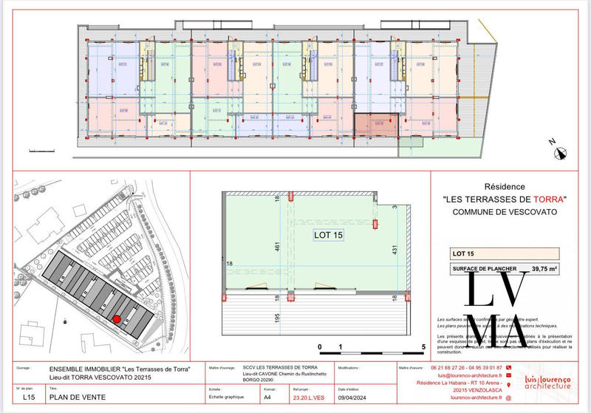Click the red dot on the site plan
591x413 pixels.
[116, 318]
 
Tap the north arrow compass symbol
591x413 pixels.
[561, 153]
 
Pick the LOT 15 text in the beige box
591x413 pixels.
[464, 253]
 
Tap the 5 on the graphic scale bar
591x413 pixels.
[424, 347]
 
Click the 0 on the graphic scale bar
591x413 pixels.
[319, 347]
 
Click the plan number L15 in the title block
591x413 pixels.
[28, 397]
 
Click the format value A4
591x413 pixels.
[267, 397]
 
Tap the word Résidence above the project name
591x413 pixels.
[503, 188]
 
